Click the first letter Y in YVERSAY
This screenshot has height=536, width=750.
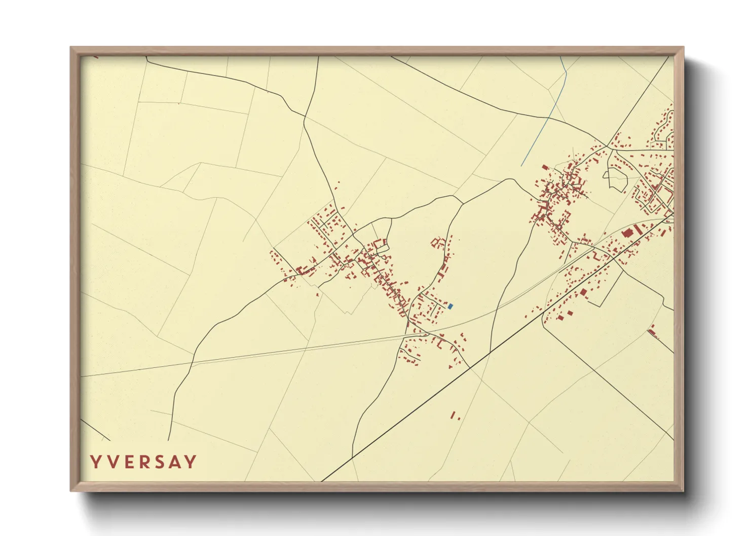(95, 462)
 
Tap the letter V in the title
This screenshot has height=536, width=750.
(111, 462)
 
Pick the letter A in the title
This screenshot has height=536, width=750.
(175, 462)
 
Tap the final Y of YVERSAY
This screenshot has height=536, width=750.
(191, 462)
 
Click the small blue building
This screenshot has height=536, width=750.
(450, 306)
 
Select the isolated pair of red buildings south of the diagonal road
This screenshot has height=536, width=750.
(454, 415)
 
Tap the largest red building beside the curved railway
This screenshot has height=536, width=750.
(627, 233)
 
